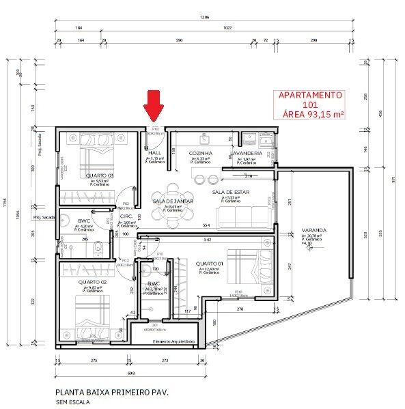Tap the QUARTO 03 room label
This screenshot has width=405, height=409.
pyautogui.click(x=100, y=175)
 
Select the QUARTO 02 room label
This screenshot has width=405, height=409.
pyautogui.click(x=92, y=282)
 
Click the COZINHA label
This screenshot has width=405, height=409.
pyautogui.click(x=200, y=153)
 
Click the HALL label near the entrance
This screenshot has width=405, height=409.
pyautogui.click(x=154, y=153)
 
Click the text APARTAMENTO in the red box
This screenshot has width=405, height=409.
pyautogui.click(x=309, y=96)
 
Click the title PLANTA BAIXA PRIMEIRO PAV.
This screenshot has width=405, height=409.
pyautogui.click(x=111, y=393)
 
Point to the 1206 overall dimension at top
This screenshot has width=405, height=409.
pyautogui.click(x=203, y=16)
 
